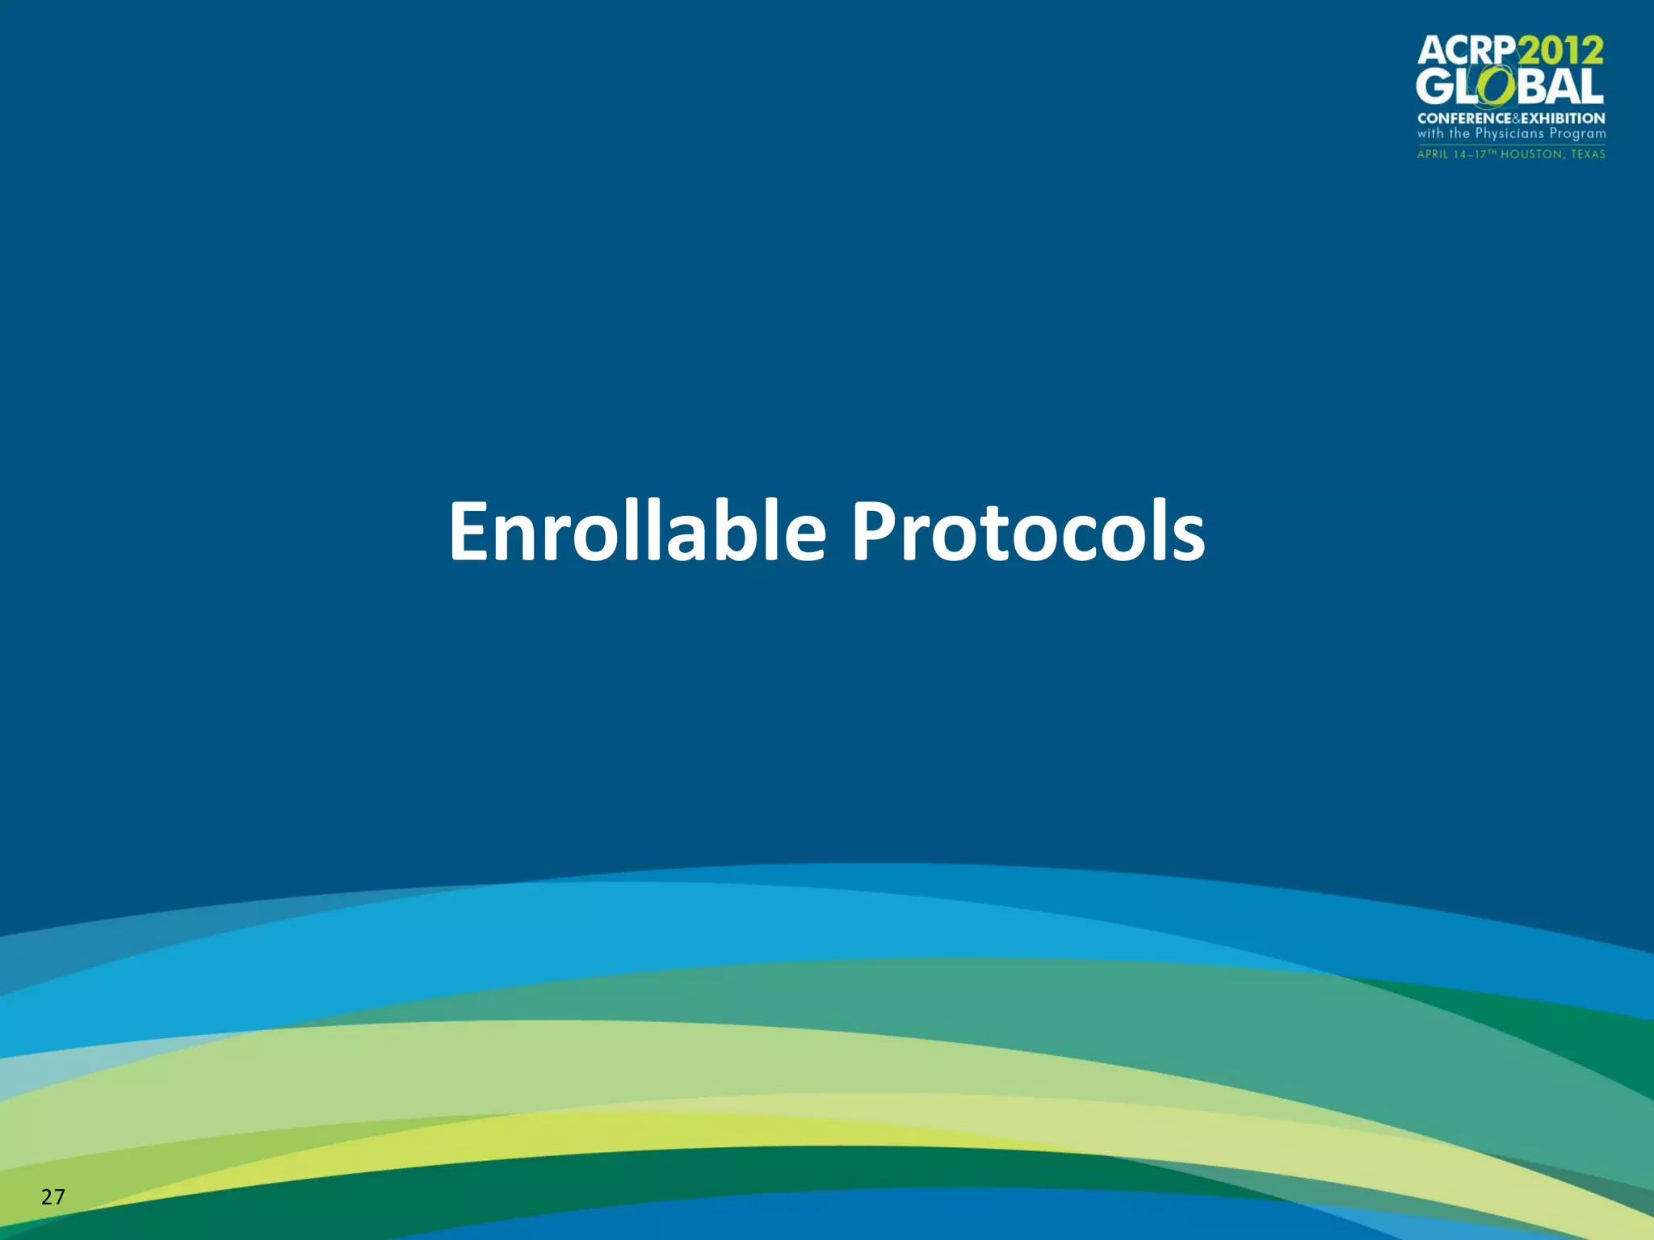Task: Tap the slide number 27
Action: pyautogui.click(x=52, y=1196)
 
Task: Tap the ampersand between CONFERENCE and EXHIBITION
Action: pyautogui.click(x=1516, y=118)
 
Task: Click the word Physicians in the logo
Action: pyautogui.click(x=1510, y=134)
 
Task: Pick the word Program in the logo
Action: pyautogui.click(x=1577, y=134)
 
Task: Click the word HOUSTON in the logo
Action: pyautogui.click(x=1531, y=154)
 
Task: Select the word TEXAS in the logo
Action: pyautogui.click(x=1588, y=154)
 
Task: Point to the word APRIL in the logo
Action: pyautogui.click(x=1434, y=154)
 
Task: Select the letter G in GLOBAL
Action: pyautogui.click(x=1435, y=86)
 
